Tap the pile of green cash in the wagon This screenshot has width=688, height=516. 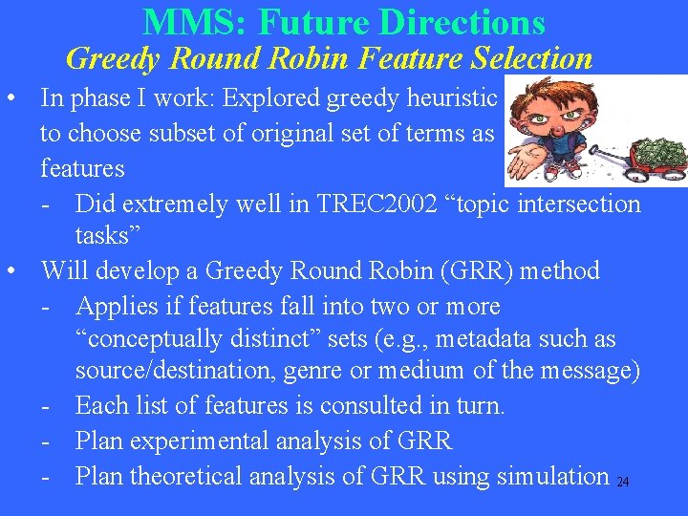pyautogui.click(x=659, y=150)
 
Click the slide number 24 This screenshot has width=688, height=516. pyautogui.click(x=623, y=483)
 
